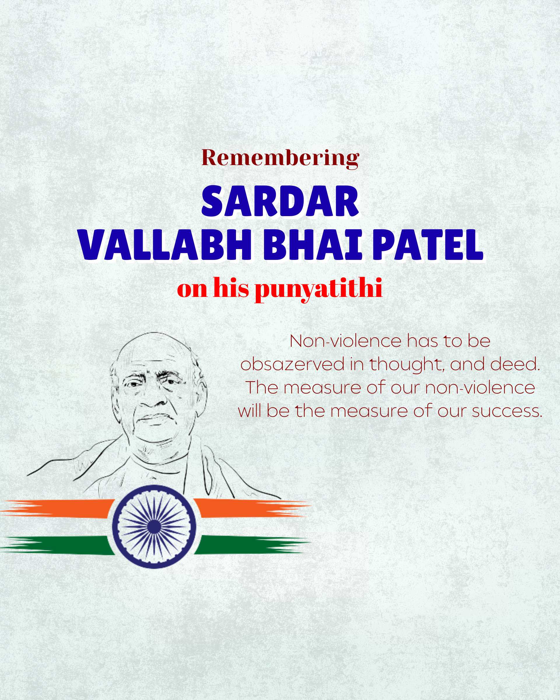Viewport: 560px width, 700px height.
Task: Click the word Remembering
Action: point(281,158)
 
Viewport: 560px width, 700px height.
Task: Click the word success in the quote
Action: point(507,411)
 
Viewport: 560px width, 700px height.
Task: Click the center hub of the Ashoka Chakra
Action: point(154,526)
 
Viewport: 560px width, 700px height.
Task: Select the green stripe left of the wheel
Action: point(55,545)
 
